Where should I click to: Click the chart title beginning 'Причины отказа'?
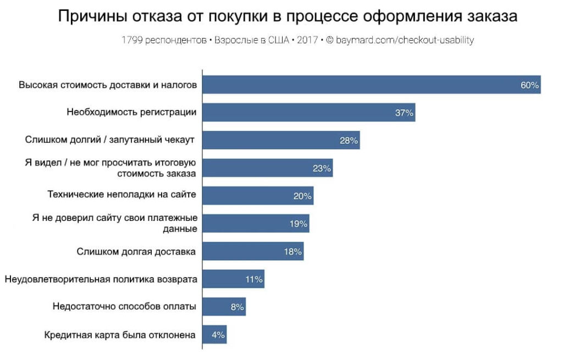(x=288, y=16)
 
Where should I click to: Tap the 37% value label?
(x=404, y=113)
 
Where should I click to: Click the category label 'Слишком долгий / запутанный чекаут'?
(x=110, y=140)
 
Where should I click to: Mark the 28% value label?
(x=349, y=141)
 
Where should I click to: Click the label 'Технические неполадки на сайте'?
(x=122, y=195)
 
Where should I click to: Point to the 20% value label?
(x=302, y=196)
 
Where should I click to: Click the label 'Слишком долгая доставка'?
(x=136, y=252)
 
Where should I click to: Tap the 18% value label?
(x=292, y=252)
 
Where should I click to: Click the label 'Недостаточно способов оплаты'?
(x=124, y=307)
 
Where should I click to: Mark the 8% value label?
(x=237, y=307)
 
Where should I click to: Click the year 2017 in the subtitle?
(x=307, y=40)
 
